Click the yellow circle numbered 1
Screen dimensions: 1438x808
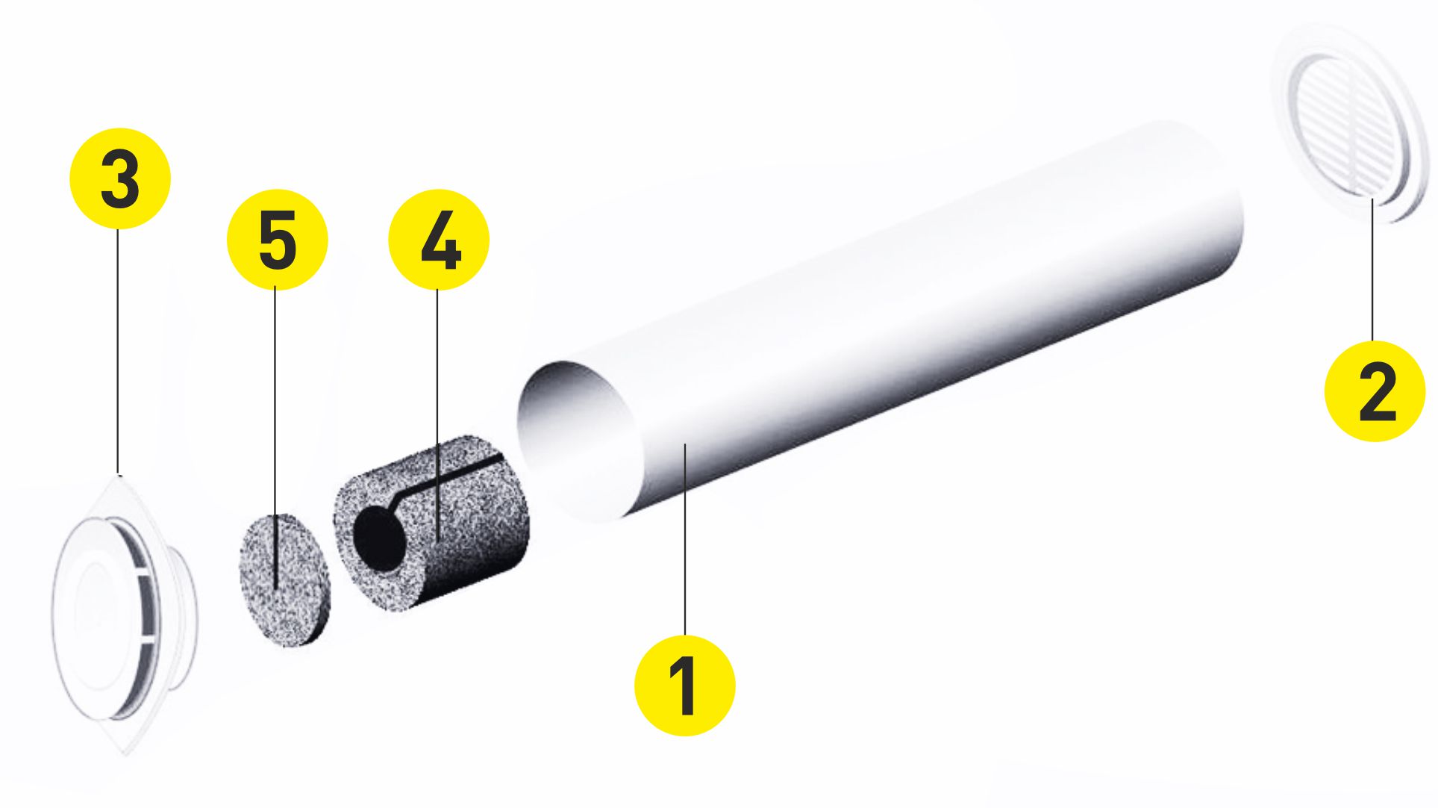pos(684,686)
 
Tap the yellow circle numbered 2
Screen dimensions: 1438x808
pos(1375,391)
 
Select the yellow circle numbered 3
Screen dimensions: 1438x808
pos(119,178)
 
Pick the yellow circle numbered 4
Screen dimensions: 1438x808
pos(439,239)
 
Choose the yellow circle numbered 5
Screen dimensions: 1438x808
pos(278,239)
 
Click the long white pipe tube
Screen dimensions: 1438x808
pos(881,321)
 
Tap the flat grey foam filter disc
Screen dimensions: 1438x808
pos(284,579)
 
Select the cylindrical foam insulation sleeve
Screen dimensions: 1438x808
pos(431,523)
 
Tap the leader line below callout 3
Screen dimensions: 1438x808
pos(118,351)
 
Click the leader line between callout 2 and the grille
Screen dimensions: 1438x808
pos(1372,270)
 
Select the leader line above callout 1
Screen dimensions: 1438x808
pos(684,539)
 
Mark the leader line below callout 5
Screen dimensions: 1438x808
pos(275,438)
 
